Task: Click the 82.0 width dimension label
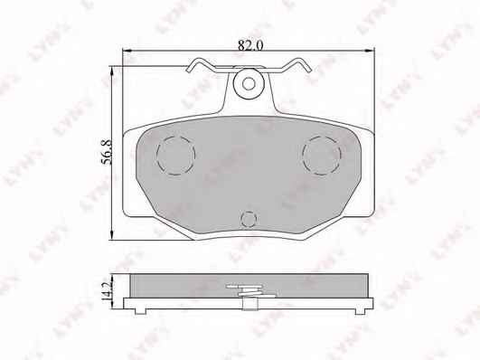coord(250,45)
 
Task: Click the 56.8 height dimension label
coord(107,152)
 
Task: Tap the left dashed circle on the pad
coord(175,156)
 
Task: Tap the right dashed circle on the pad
coord(322,156)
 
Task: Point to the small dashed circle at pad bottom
coord(249,219)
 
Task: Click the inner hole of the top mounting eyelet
coord(249,83)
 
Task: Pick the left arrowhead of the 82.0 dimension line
coord(127,51)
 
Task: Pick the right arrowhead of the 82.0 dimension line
coord(370,51)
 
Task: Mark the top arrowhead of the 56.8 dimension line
coord(112,71)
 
